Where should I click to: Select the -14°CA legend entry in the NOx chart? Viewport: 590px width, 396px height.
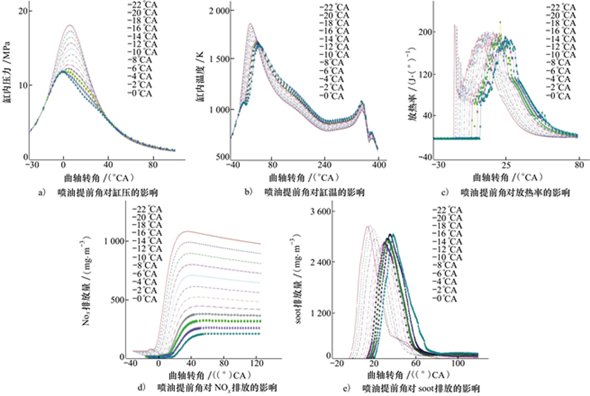(147, 241)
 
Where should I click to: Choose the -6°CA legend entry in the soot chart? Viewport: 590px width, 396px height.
(446, 274)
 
